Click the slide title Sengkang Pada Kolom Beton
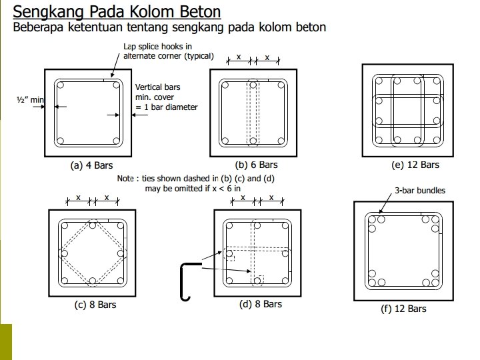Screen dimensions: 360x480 pyautogui.click(x=117, y=12)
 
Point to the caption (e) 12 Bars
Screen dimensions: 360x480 pyautogui.click(x=415, y=165)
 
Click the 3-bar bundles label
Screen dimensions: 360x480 pyautogui.click(x=421, y=191)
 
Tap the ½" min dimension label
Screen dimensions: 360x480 pyautogui.click(x=29, y=100)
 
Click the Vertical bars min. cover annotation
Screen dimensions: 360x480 pyautogui.click(x=166, y=97)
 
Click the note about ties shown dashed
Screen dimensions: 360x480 pyautogui.click(x=196, y=183)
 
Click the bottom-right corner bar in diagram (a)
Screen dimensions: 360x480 pyautogui.click(x=117, y=141)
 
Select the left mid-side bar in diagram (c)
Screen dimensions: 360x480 pyautogui.click(x=65, y=253)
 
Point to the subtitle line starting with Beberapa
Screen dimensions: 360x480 pyautogui.click(x=170, y=27)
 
